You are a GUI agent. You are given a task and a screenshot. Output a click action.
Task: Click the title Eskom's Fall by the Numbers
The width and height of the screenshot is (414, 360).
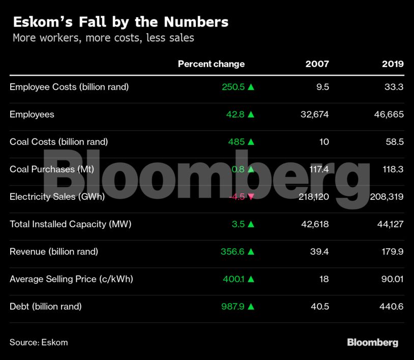pos(121,22)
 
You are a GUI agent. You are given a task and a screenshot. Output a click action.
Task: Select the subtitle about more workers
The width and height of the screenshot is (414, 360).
pos(103,38)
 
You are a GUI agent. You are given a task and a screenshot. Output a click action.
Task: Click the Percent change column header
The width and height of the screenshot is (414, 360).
pos(211,64)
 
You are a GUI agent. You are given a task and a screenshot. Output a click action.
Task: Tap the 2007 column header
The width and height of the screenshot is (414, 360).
pos(317,64)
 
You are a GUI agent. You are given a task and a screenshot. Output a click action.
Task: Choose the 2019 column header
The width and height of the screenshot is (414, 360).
pos(393,64)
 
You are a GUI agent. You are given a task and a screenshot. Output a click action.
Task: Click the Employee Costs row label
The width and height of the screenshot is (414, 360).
pos(69,87)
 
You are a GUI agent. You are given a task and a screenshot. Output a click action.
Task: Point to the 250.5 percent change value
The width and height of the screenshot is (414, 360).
pos(233,87)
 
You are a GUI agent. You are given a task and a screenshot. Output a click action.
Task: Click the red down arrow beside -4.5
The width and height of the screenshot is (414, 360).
pos(251,197)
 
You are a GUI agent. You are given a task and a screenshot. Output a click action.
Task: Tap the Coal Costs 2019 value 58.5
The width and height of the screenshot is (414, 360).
pos(395,142)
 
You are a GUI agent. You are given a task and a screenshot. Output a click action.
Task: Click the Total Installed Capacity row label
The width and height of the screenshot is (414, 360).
pos(71,224)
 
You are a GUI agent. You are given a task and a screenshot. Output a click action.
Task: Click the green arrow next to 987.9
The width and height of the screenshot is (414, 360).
pos(251,307)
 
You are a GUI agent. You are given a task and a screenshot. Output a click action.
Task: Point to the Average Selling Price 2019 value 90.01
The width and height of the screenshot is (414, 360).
pos(392,279)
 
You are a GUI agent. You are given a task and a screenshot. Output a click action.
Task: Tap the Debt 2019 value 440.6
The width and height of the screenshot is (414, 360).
pos(393,307)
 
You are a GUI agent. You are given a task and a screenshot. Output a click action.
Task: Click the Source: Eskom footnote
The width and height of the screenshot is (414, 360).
pos(39,342)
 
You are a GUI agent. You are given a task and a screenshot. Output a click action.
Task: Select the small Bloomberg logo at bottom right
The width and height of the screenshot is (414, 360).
pos(372,342)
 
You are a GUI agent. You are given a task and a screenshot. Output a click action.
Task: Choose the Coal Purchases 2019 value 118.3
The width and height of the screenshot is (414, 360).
pos(394,169)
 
